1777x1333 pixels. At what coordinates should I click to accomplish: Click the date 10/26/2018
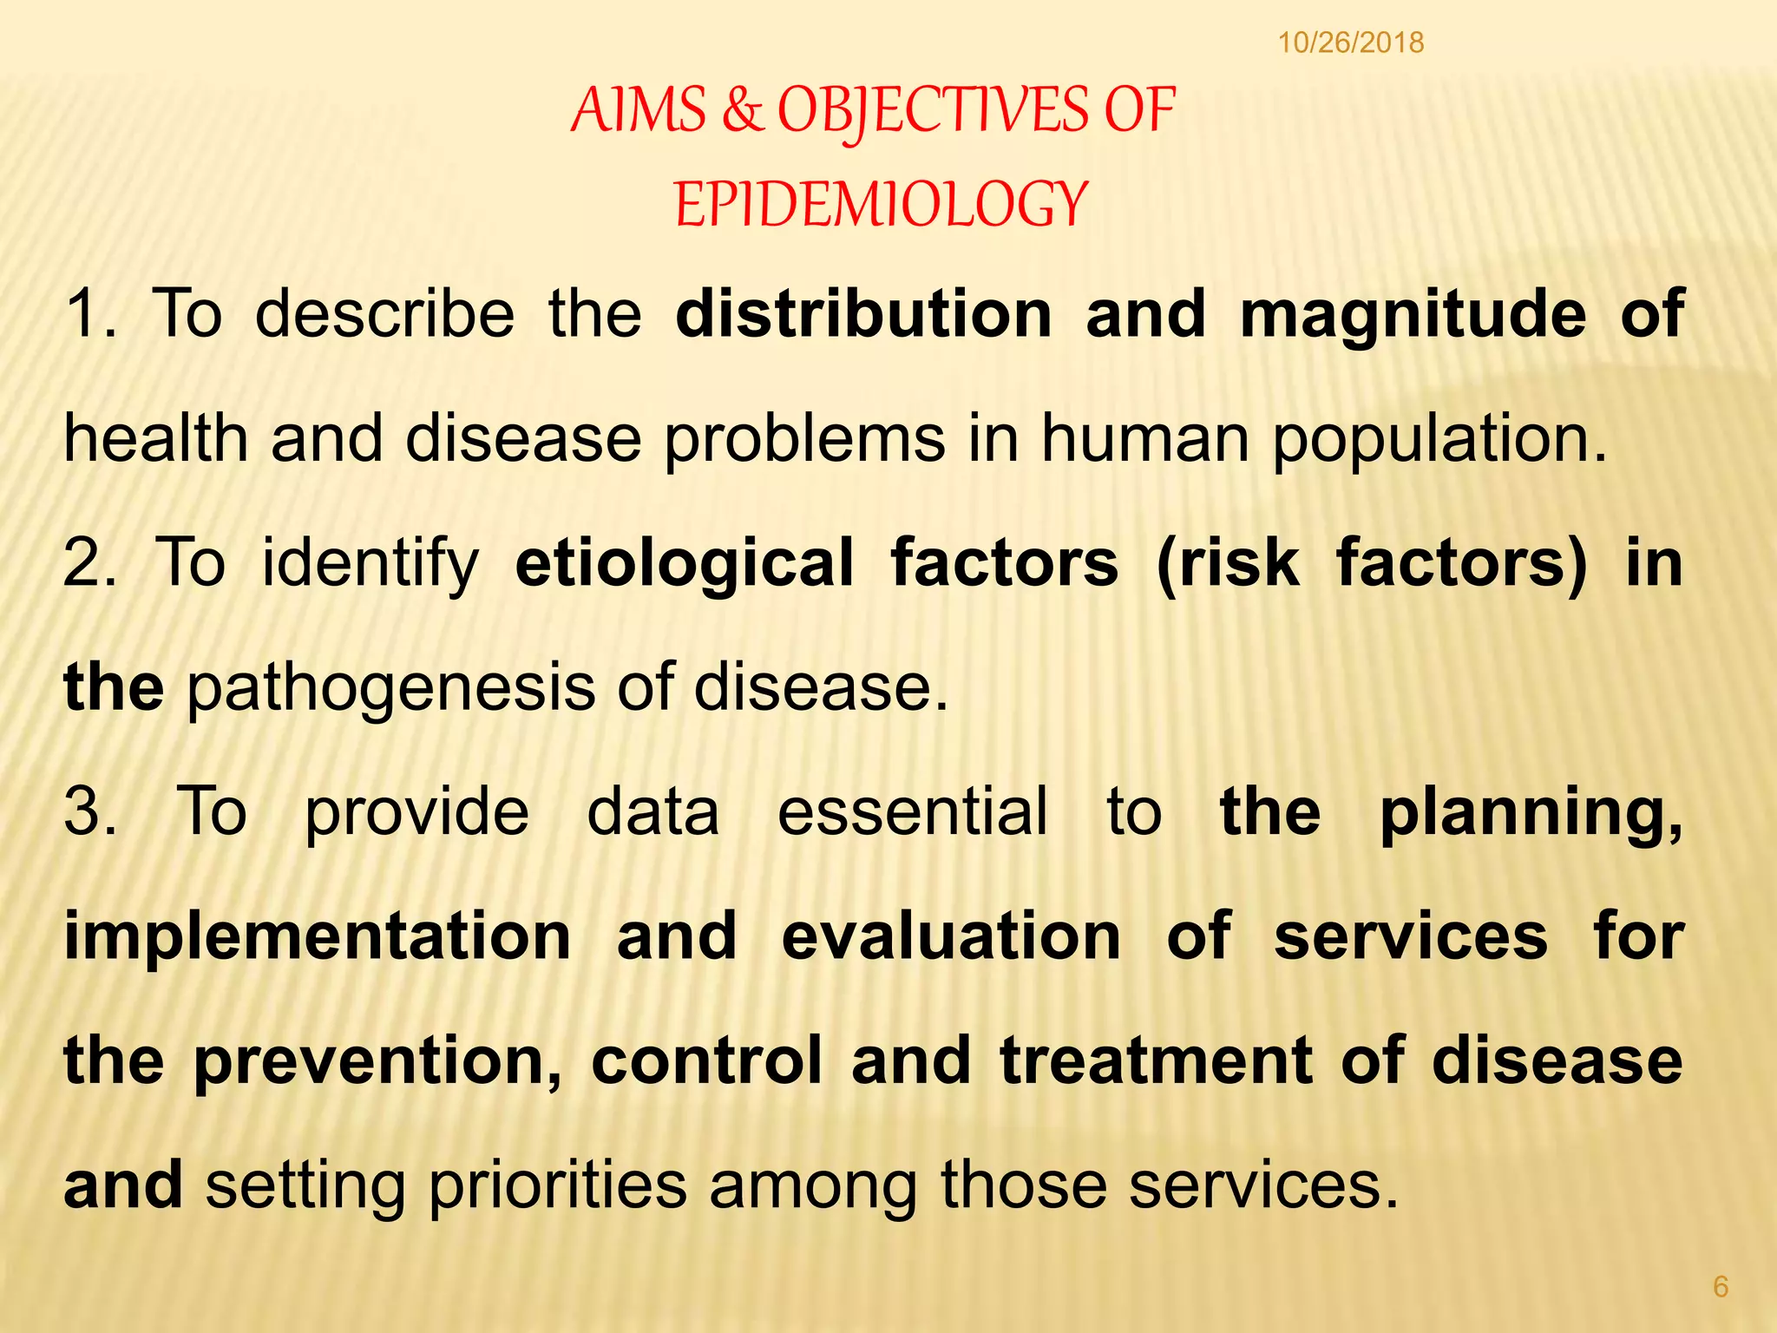[x=1351, y=43]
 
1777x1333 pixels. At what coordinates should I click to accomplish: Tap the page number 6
[x=1721, y=1286]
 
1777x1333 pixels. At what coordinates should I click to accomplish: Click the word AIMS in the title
[x=639, y=110]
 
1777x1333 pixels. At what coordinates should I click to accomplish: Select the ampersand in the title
[x=741, y=110]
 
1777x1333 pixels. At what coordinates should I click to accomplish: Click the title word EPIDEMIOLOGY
[x=880, y=204]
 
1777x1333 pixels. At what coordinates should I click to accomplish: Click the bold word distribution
[x=863, y=312]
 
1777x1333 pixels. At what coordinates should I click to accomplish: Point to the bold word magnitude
[x=1413, y=314]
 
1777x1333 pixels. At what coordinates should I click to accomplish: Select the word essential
[x=912, y=811]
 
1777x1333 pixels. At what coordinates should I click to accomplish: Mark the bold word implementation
[x=318, y=937]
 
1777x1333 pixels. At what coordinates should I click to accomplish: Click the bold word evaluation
[x=951, y=936]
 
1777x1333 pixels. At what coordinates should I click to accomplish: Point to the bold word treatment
[x=1155, y=1060]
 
